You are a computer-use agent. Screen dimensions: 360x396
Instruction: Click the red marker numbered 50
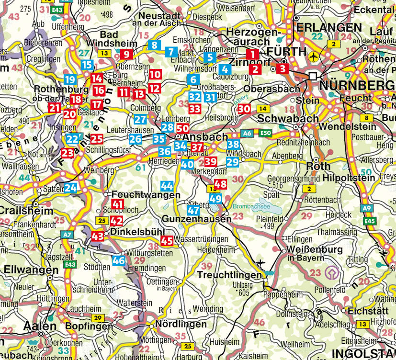182,128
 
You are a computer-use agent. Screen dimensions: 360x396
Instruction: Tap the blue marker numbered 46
119,261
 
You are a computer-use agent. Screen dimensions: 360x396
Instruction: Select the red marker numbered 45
167,241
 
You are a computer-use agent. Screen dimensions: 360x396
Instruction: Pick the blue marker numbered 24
71,188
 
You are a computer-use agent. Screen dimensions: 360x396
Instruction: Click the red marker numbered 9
126,54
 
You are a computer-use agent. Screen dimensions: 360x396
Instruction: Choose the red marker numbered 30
244,109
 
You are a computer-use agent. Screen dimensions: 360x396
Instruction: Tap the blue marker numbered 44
167,186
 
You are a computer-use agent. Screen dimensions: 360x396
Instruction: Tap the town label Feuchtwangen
146,195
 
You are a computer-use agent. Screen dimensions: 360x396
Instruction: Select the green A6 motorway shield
247,133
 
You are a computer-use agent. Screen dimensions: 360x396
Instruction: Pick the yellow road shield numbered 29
98,318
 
